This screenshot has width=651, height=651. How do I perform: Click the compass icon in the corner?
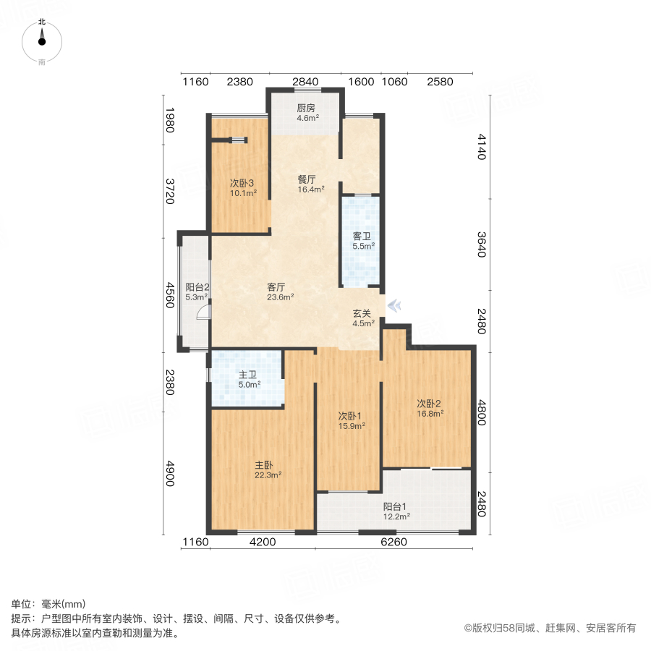[x=42, y=41]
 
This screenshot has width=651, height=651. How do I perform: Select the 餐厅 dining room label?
[x=307, y=179]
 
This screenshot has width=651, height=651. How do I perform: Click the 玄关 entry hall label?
[x=362, y=313]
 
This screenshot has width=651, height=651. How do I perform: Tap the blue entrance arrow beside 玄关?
[x=394, y=306]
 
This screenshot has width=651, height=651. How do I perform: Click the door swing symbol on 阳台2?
[x=205, y=312]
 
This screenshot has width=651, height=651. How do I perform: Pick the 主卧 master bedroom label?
[x=264, y=465]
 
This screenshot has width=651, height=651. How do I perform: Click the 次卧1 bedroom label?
[x=351, y=416]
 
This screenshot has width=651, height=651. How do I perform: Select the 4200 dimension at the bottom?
[x=263, y=542]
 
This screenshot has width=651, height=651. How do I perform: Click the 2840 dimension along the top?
[x=305, y=82]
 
